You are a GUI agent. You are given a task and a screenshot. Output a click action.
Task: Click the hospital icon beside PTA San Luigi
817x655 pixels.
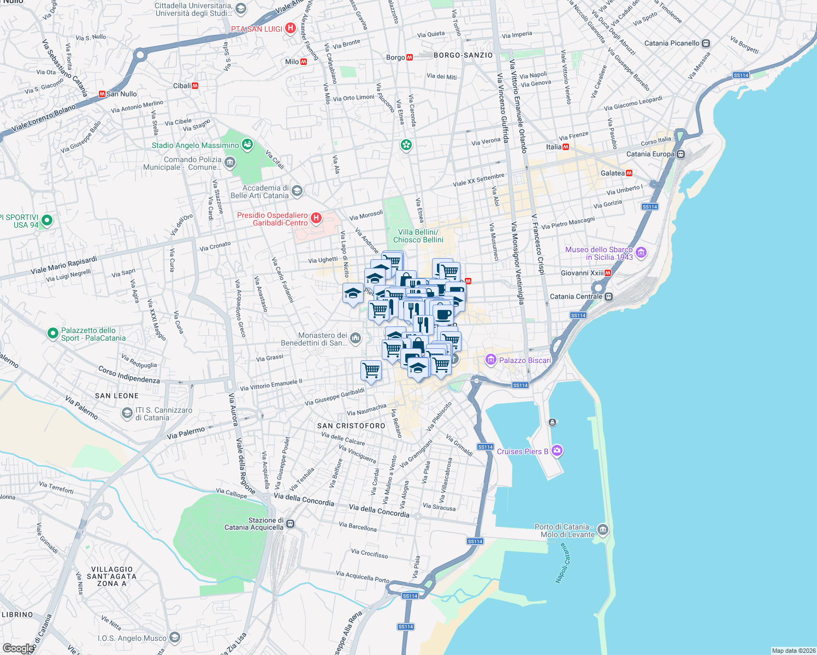(x=291, y=28)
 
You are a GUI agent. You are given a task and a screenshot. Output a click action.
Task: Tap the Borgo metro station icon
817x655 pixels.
(x=409, y=57)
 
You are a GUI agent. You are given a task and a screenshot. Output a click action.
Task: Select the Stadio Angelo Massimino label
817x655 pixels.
(x=195, y=145)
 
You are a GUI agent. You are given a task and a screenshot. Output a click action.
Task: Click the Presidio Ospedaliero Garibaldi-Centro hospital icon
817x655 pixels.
(x=316, y=219)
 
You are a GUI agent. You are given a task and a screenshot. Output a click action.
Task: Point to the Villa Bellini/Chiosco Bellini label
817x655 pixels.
(x=418, y=236)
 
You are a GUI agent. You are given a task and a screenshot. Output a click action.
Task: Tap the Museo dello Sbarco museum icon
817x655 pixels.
(x=641, y=253)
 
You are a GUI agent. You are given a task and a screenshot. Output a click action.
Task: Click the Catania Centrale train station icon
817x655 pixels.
(x=609, y=297)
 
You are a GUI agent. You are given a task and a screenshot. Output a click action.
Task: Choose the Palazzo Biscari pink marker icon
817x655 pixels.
(x=490, y=360)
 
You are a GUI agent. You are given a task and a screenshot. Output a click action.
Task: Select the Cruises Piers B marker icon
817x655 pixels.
(x=557, y=451)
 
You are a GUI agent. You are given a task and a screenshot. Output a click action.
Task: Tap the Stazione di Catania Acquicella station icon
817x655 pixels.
(x=291, y=524)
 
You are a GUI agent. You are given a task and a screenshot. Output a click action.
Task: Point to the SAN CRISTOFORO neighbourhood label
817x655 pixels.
(x=351, y=426)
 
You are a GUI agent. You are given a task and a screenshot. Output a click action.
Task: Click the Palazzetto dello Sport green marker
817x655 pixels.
(x=52, y=333)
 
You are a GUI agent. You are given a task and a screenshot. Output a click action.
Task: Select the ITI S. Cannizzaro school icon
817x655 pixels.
(x=127, y=413)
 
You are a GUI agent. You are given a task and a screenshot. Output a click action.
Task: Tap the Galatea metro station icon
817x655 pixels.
(x=629, y=173)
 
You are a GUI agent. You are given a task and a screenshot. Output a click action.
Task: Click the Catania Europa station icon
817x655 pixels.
(x=680, y=154)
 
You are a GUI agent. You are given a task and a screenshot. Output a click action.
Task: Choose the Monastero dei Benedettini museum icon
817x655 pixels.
(x=356, y=339)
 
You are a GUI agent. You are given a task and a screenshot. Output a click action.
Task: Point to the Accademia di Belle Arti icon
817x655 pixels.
(x=297, y=191)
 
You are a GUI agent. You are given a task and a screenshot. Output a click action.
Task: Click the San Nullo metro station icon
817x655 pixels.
(x=102, y=94)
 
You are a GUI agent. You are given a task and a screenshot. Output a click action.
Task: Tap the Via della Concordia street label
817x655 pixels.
(x=304, y=500)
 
